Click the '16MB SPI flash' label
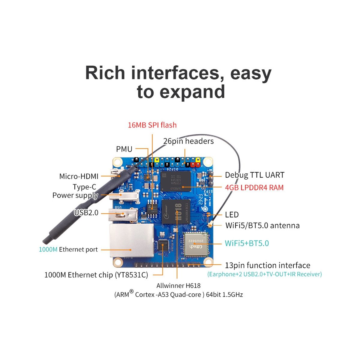152,125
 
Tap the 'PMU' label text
124,149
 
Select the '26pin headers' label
188,141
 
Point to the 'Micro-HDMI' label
79,176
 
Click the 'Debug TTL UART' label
254,175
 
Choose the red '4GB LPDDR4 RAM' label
254,187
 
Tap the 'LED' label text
232,214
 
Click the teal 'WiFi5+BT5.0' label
247,243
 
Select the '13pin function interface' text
267,265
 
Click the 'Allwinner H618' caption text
178,286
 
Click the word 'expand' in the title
192,92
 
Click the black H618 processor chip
176,211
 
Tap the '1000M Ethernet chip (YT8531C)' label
96,275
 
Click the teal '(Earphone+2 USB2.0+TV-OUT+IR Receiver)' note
264,274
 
